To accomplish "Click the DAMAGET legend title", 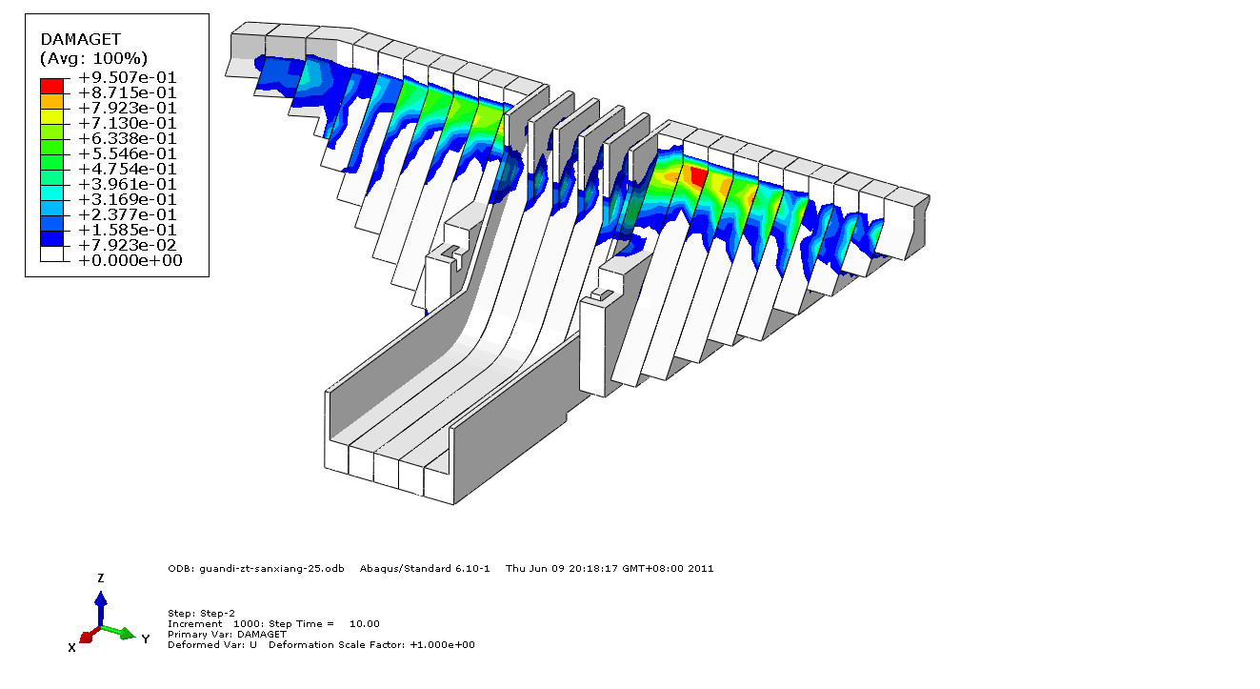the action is pyautogui.click(x=80, y=39).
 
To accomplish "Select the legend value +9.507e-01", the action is pyautogui.click(x=127, y=77).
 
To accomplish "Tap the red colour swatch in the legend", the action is pyautogui.click(x=51, y=86).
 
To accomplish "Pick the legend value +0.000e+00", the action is pyautogui.click(x=130, y=260).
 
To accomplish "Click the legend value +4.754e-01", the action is pyautogui.click(x=127, y=169).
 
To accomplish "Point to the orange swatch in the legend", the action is pyautogui.click(x=51, y=101).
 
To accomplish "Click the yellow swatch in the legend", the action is pyautogui.click(x=51, y=116).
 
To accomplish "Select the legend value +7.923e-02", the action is pyautogui.click(x=127, y=246).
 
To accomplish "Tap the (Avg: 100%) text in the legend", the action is pyautogui.click(x=93, y=58).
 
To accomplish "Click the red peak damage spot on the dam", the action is pyautogui.click(x=698, y=175).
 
